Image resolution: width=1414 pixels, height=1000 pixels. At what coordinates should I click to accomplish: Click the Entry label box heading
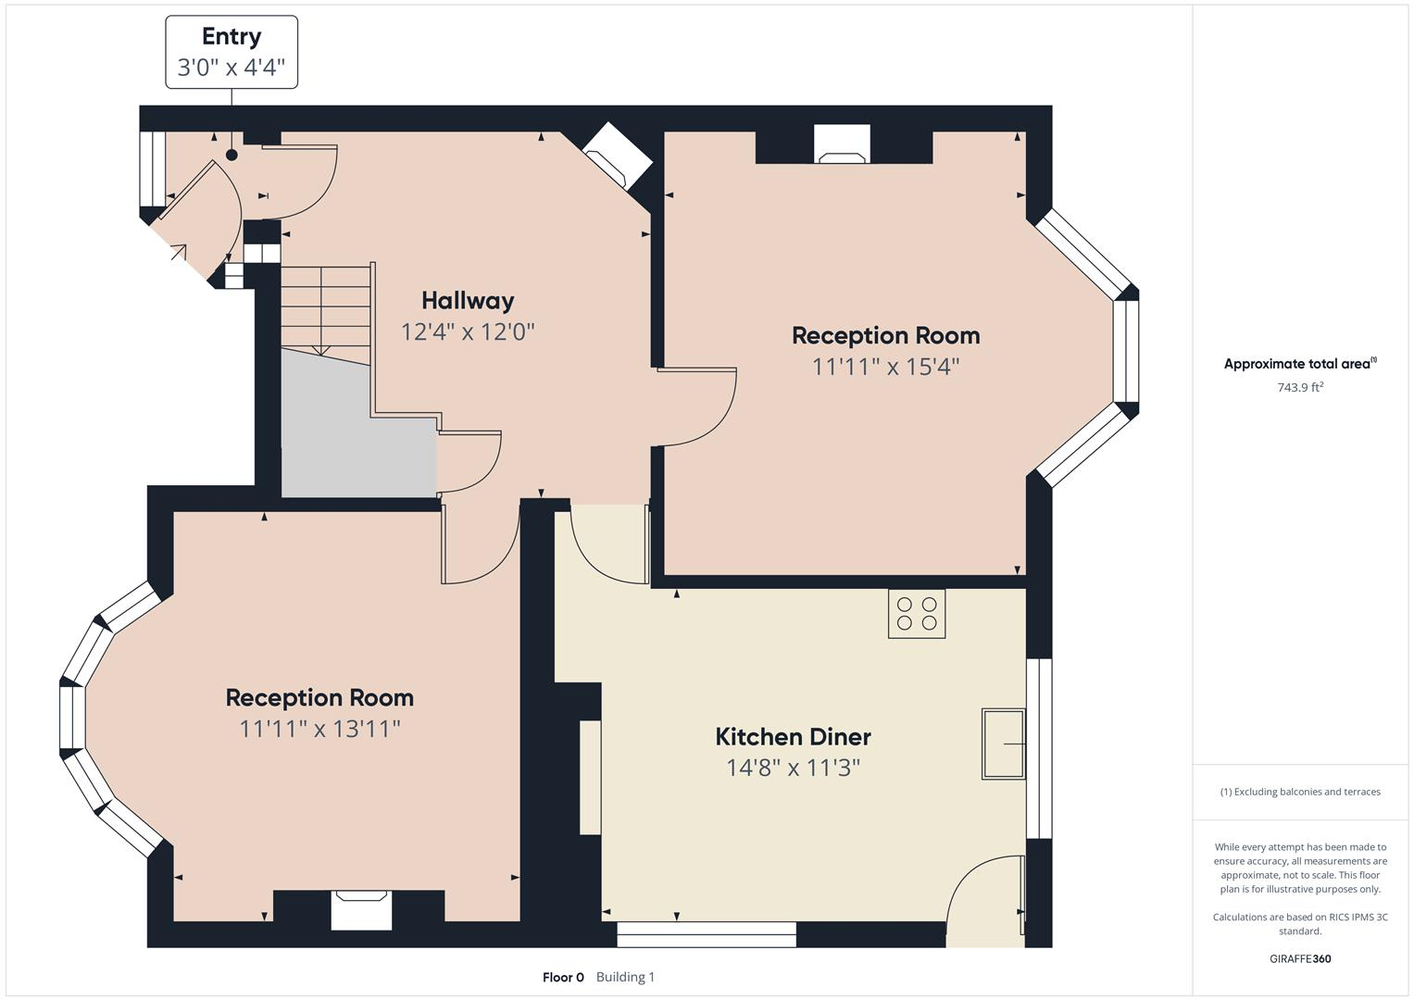click(x=231, y=37)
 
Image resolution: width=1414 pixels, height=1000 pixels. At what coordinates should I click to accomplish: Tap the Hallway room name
click(x=468, y=300)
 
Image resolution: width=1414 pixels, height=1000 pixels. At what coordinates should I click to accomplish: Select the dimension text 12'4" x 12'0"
click(x=468, y=331)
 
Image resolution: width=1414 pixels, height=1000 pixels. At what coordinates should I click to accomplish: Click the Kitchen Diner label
click(x=793, y=736)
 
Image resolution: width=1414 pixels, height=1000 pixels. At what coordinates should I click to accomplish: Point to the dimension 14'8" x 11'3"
click(x=793, y=768)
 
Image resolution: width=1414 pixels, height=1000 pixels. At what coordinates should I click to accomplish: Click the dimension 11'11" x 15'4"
click(x=885, y=367)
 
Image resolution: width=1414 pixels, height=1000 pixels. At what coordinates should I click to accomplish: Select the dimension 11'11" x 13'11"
click(x=319, y=729)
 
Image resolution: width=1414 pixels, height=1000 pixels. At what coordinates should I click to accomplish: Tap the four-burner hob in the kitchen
click(x=917, y=614)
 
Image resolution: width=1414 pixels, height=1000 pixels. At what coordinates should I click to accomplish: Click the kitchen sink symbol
click(x=1003, y=744)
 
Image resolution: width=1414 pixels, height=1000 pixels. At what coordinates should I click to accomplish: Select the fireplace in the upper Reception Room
click(x=842, y=145)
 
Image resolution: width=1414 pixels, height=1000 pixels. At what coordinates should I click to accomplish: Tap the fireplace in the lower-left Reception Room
click(x=361, y=909)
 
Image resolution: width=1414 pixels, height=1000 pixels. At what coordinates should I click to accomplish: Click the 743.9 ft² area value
click(x=1300, y=388)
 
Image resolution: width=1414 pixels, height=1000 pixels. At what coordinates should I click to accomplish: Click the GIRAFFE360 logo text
click(x=1300, y=958)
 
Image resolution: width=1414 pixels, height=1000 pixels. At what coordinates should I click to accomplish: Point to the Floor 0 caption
click(x=563, y=977)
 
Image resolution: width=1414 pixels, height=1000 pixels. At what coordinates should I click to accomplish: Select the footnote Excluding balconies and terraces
click(x=1300, y=792)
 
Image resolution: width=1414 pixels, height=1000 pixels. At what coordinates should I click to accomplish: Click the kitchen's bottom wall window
click(x=707, y=934)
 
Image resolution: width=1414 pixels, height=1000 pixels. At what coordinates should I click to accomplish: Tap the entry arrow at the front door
click(x=176, y=251)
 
